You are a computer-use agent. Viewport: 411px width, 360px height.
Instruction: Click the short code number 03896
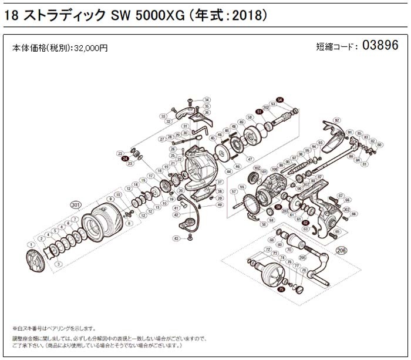[x=382, y=45]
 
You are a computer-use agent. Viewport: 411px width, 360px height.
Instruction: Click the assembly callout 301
[x=75, y=204]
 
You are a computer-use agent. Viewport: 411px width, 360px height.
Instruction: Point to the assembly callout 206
[x=341, y=251]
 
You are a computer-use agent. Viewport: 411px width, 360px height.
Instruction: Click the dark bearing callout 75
[x=282, y=290]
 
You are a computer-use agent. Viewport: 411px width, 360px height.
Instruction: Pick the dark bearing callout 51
[x=259, y=112]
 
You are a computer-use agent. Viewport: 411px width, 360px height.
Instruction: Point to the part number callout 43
[x=176, y=238]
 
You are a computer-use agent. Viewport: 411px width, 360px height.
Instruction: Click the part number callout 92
[x=336, y=120]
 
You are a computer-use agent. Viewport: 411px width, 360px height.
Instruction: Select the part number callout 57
[x=233, y=191]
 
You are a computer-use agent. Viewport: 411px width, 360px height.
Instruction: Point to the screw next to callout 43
[x=190, y=238]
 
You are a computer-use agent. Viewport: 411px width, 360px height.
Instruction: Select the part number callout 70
[x=289, y=250]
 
